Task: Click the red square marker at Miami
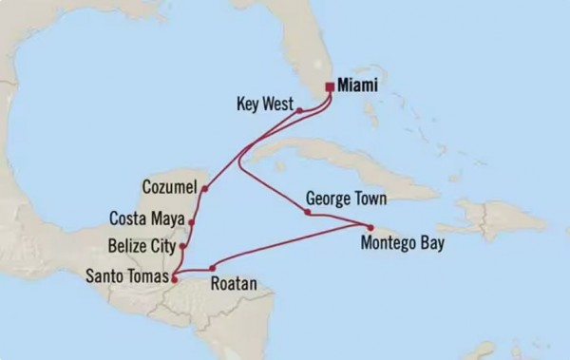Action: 329,86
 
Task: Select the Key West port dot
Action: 299,110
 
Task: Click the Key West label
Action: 260,100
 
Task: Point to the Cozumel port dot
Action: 205,188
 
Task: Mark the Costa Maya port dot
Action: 192,223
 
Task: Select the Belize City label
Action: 142,245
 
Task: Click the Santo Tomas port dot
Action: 174,277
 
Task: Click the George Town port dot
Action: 307,212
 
